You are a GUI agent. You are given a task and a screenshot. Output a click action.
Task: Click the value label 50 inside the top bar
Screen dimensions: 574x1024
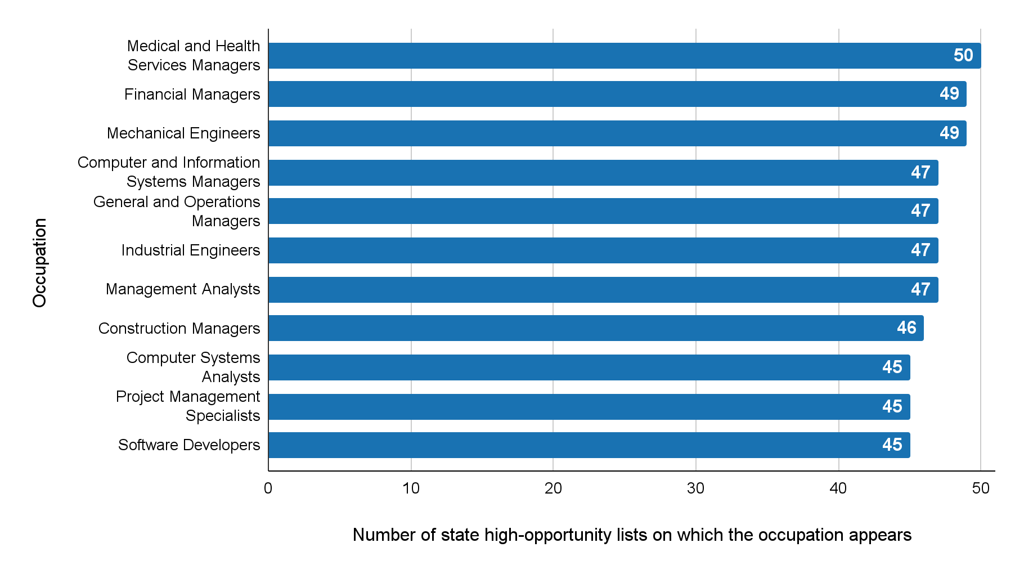[x=963, y=55]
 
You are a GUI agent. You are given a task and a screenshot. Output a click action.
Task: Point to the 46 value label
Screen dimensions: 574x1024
[x=906, y=328]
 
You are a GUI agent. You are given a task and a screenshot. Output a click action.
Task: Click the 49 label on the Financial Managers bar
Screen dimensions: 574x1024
[x=949, y=93]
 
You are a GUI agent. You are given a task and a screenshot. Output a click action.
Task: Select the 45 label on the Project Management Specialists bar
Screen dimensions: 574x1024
[x=892, y=406]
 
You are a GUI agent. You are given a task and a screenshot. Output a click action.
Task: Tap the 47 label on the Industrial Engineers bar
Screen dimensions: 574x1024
[x=920, y=250]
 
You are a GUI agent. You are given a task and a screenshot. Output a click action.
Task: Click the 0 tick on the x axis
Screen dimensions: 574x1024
[x=268, y=488]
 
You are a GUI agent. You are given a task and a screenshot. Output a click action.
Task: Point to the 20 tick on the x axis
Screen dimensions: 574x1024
[x=553, y=488]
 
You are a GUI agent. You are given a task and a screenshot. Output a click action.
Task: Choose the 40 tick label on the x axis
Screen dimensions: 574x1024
[x=838, y=488]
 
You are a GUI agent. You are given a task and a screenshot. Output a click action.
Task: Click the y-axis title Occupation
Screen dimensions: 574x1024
[x=40, y=263]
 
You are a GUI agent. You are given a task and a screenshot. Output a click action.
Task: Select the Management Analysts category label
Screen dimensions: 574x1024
[x=183, y=289]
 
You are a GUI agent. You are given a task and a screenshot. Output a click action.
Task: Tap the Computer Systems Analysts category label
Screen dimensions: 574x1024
[x=193, y=367]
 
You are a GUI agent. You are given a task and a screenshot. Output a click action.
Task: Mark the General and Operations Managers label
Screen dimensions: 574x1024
[x=177, y=211]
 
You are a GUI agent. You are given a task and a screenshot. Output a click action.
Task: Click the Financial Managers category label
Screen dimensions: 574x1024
[x=192, y=95]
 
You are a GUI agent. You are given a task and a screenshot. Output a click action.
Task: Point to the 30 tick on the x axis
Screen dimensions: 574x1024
[x=695, y=488]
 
